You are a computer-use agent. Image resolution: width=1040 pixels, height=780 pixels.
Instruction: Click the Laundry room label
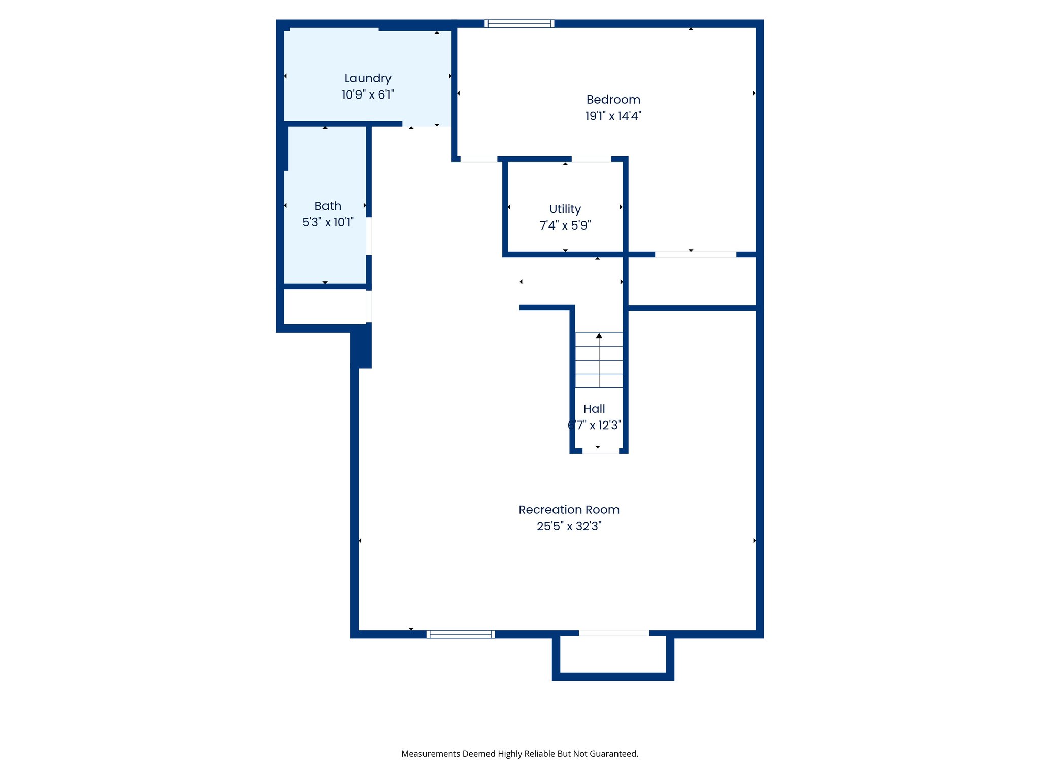pos(368,78)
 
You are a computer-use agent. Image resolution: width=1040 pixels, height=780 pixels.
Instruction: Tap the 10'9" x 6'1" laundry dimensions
pos(368,95)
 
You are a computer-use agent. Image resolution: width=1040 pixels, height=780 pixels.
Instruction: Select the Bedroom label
pos(613,100)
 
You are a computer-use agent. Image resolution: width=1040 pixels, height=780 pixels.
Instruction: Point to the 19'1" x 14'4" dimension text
pos(613,116)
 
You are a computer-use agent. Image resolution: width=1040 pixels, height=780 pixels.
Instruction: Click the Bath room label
pos(328,206)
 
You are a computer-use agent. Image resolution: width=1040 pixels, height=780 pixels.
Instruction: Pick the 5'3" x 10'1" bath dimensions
pos(328,222)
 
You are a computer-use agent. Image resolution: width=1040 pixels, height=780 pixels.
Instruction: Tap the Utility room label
pos(565,209)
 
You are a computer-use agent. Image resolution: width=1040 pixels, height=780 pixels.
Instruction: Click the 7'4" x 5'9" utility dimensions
pos(565,225)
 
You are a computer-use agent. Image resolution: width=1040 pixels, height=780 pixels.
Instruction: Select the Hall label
pos(594,409)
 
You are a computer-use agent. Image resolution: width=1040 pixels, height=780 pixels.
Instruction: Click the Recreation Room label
pos(569,510)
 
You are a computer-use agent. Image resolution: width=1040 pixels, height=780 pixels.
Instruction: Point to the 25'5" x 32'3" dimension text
pos(569,526)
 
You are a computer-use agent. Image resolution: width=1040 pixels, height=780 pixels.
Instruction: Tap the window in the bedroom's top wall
pos(519,23)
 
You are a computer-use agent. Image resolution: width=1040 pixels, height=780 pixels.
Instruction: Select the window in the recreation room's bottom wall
pos(460,634)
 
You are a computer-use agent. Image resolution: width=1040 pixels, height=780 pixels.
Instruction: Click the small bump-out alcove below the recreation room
pos(613,655)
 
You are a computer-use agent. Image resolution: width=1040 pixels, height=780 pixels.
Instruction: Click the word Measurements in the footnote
pos(430,754)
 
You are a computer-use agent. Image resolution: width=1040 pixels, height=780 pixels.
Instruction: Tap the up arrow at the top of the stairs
pos(599,336)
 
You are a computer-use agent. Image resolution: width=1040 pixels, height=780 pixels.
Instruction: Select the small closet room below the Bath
pos(324,307)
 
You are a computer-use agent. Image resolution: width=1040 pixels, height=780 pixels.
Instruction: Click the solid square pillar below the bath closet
pos(362,346)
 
